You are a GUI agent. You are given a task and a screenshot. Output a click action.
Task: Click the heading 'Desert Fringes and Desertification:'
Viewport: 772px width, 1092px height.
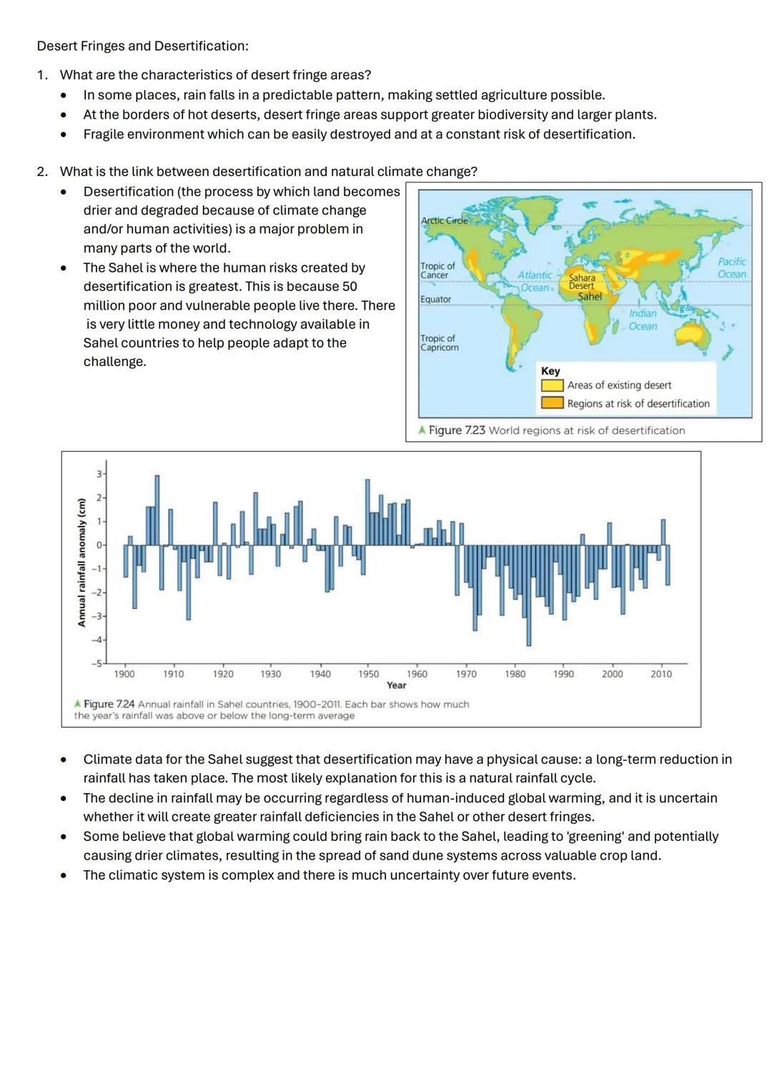(x=142, y=46)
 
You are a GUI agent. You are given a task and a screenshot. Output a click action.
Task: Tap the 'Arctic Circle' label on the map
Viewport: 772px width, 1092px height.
(x=444, y=221)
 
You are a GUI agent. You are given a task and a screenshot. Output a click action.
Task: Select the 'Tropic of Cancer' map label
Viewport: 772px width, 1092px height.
(x=437, y=270)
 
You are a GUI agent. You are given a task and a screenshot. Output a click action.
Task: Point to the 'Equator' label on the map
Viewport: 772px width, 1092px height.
(x=435, y=300)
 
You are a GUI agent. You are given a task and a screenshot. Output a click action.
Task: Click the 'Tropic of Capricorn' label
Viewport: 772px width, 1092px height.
(x=439, y=343)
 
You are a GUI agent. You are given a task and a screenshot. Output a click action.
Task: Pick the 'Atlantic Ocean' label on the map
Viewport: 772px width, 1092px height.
(x=535, y=281)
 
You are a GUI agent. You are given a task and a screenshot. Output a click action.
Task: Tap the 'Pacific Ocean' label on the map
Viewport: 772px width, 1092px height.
(x=731, y=268)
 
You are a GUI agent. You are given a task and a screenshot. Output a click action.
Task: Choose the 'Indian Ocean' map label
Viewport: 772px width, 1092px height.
(x=643, y=320)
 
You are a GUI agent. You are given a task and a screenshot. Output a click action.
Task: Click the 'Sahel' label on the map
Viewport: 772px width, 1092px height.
(x=590, y=297)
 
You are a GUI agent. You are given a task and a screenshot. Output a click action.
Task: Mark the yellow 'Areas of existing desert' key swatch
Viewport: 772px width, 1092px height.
(x=552, y=385)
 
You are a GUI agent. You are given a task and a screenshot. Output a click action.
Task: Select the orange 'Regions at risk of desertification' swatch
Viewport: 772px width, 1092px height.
(x=552, y=403)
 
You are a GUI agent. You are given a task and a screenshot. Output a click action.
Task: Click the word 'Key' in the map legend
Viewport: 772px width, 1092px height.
(x=550, y=371)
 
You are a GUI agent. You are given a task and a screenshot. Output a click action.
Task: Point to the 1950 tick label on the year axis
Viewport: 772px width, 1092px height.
(x=368, y=674)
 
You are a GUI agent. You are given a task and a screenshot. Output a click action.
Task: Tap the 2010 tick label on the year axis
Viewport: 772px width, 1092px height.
(x=661, y=674)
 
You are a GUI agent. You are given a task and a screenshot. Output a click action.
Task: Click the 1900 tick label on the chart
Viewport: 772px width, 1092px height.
(x=124, y=674)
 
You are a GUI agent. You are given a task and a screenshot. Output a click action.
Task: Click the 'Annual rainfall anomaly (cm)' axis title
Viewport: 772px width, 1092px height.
(x=81, y=562)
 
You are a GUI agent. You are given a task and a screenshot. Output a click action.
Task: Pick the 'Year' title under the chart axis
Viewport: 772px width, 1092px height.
(x=396, y=685)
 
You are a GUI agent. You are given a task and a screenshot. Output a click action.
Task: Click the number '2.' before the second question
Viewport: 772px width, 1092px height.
(x=43, y=172)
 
